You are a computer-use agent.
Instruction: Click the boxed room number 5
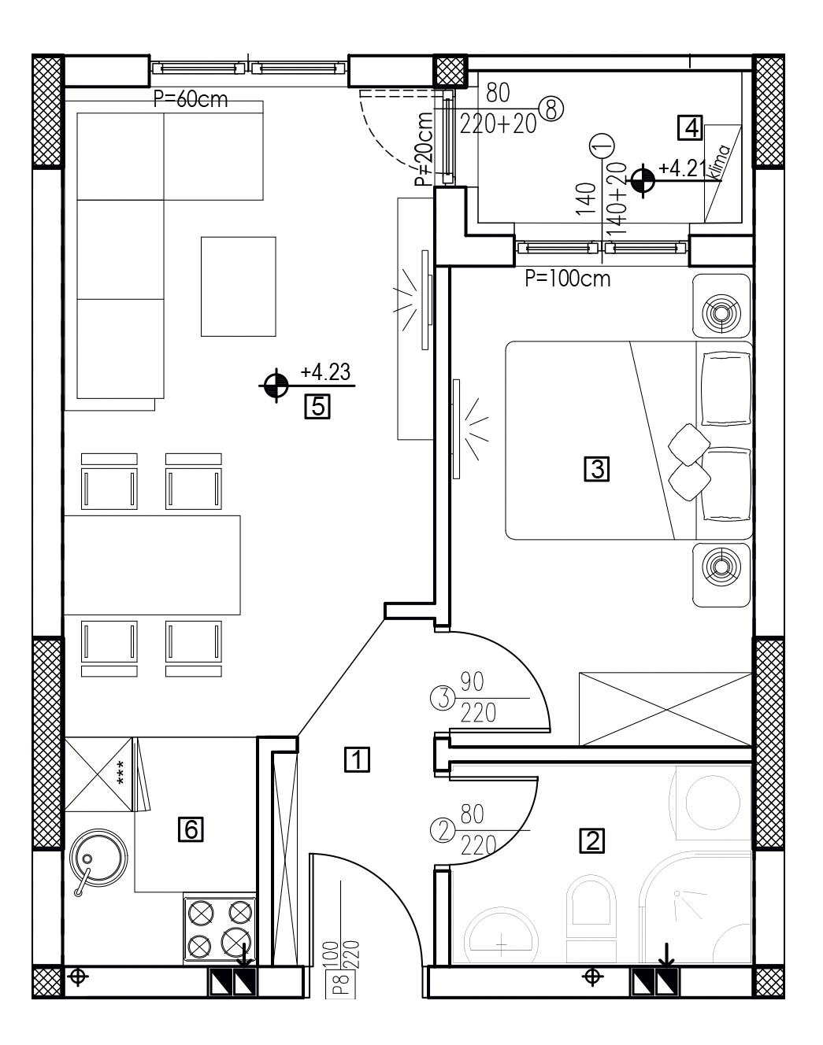coord(317,406)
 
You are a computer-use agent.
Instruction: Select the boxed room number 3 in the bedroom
coord(596,469)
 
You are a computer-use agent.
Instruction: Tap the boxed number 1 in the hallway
coord(357,759)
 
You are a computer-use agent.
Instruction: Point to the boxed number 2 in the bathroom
coord(592,840)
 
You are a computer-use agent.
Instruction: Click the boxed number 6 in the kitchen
coord(191,829)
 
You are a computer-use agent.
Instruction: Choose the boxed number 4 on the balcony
coord(690,127)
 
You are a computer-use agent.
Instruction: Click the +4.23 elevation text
coord(325,372)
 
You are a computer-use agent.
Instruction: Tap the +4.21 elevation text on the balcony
coord(681,168)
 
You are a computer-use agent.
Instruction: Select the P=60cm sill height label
coord(191,99)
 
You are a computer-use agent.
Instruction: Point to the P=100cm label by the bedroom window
coord(567,279)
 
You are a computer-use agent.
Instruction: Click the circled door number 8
coord(551,108)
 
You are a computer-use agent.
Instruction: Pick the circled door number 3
coord(443,700)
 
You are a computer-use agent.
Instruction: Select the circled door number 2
coord(443,831)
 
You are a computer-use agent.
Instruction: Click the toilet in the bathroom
coord(591,918)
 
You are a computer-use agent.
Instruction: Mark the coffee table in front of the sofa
coord(238,286)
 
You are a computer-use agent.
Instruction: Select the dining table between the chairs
coord(152,565)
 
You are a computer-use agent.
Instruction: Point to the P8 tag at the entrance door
coord(344,986)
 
